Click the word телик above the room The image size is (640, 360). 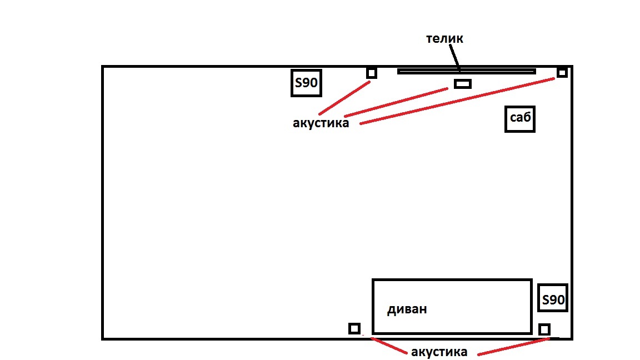(444, 38)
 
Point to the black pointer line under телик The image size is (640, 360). (455, 58)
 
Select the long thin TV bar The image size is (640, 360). (467, 72)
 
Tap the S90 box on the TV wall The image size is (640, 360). (306, 83)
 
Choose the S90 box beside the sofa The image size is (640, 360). (553, 298)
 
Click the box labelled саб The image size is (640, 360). (519, 119)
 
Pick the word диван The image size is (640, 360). (407, 309)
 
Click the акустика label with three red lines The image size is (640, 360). (321, 123)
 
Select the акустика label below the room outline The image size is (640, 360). (439, 352)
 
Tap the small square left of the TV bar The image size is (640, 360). (372, 73)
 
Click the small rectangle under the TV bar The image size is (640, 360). (462, 84)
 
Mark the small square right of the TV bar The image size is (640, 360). (562, 73)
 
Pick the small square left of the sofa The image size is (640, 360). (354, 328)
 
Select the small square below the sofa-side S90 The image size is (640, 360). (544, 329)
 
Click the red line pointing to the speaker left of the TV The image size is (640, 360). (344, 98)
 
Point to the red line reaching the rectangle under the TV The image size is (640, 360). (396, 102)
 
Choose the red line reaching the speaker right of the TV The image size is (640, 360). (457, 101)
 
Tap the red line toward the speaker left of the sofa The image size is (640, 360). (389, 346)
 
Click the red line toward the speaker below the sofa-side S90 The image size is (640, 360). (513, 347)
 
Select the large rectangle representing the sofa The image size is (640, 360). (452, 279)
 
